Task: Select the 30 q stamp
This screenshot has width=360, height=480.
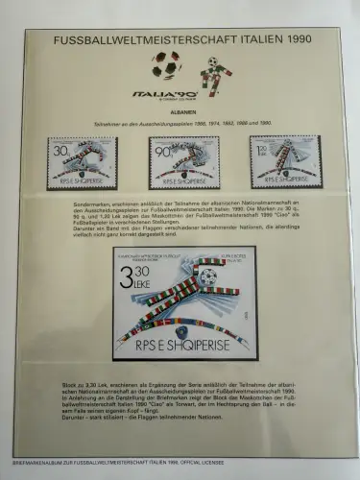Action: pyautogui.click(x=83, y=160)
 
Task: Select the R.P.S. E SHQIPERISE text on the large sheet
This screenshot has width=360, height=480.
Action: pyautogui.click(x=184, y=338)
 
